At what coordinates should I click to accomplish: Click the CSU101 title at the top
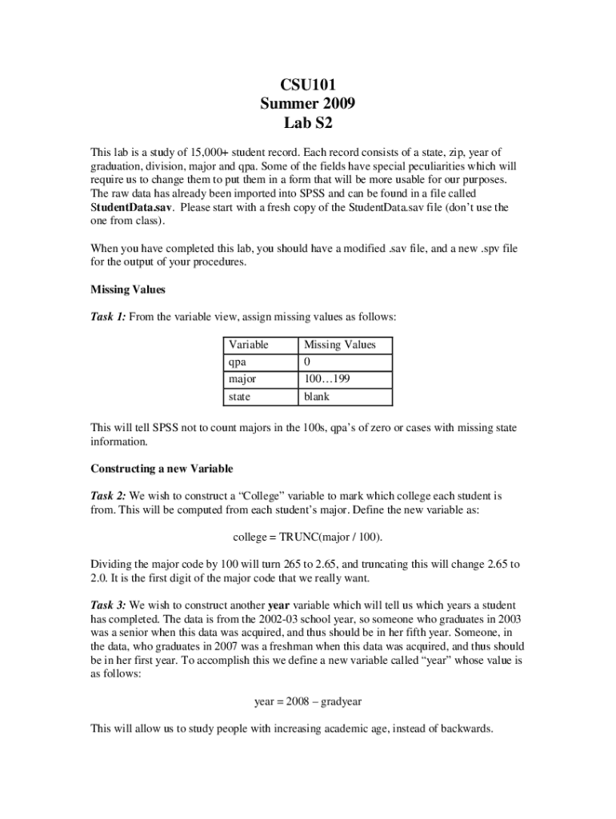[x=307, y=84]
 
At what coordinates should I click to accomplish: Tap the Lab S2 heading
[x=307, y=123]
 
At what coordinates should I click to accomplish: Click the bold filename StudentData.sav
[x=131, y=207]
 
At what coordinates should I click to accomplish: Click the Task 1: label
[x=108, y=318]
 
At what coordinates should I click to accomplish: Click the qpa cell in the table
[x=238, y=362]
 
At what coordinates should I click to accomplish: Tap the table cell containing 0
[x=307, y=362]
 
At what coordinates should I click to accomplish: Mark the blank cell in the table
[x=317, y=397]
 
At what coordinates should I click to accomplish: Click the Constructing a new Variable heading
[x=162, y=469]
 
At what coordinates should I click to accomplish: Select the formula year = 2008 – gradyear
[x=308, y=701]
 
